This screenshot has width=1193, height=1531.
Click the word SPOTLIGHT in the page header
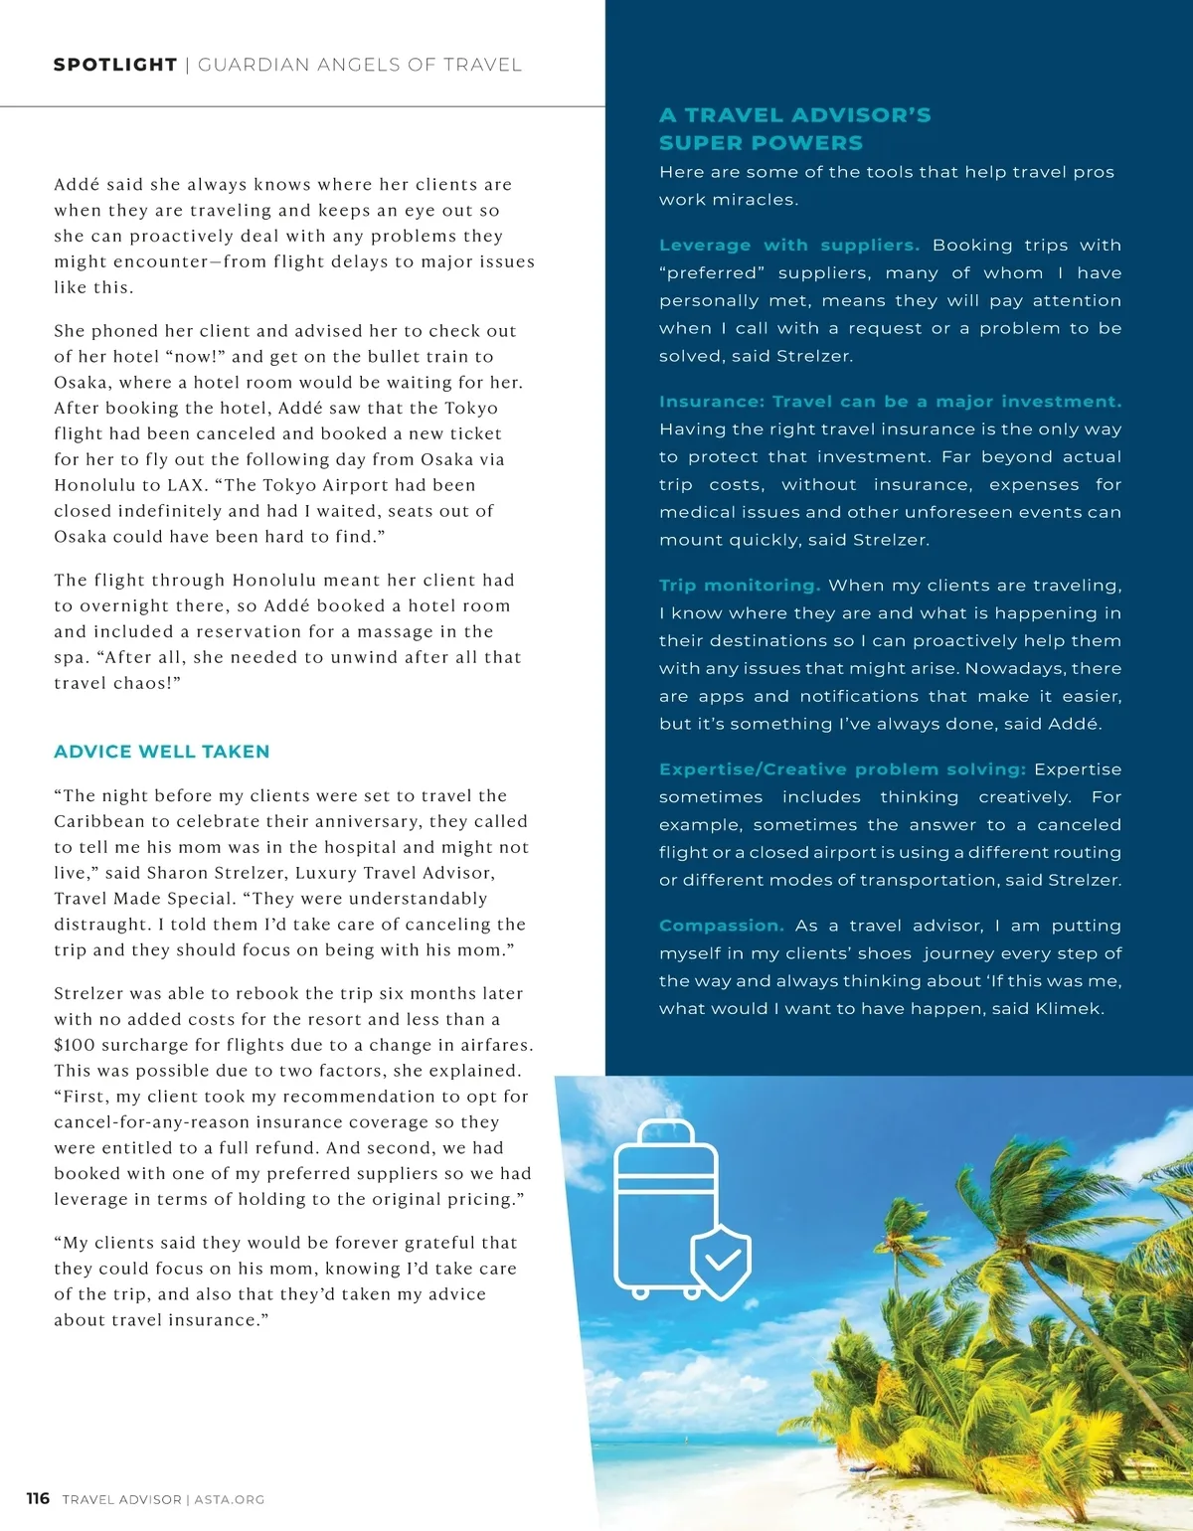115,66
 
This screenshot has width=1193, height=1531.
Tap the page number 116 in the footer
38,1498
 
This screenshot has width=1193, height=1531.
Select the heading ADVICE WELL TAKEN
162,752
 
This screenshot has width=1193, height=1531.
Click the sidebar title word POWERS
809,143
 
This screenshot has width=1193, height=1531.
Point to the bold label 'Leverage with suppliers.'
788,246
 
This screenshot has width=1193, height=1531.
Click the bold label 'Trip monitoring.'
739,586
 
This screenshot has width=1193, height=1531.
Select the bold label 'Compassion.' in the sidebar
721,926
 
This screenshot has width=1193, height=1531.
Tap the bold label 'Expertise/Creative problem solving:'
842,769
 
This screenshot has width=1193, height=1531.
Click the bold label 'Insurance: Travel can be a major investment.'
890,402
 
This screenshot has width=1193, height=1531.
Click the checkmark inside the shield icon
722,1261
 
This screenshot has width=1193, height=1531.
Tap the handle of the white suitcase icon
666,1131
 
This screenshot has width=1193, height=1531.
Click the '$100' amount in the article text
73,1046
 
